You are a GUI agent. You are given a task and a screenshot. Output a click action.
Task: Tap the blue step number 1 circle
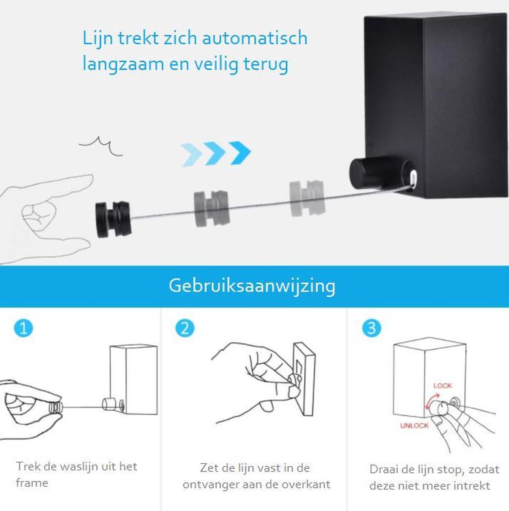click(x=23, y=328)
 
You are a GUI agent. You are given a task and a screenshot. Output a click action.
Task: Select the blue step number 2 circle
click(x=185, y=328)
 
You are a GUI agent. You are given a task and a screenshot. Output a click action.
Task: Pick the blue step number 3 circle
click(x=372, y=328)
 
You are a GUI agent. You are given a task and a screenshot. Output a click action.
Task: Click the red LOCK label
click(x=443, y=385)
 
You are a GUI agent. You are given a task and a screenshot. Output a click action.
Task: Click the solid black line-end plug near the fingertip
click(x=113, y=219)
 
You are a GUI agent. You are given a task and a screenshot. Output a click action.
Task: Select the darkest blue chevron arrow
click(x=240, y=153)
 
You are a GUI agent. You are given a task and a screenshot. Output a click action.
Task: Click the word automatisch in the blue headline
click(x=255, y=37)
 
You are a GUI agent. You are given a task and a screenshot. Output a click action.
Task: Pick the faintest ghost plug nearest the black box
click(x=307, y=198)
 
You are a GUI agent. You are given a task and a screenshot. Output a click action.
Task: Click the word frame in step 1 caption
click(x=32, y=482)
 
